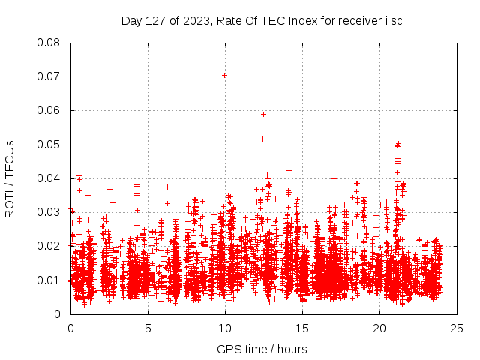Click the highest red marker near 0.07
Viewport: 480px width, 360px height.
[224, 75]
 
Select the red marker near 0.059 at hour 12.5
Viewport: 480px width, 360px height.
[263, 114]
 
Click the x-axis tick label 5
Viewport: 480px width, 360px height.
[148, 328]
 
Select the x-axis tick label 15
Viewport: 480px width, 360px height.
[302, 328]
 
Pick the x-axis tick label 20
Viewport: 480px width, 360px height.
[379, 328]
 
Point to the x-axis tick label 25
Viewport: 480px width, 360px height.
[457, 328]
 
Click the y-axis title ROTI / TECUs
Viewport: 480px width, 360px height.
[10, 178]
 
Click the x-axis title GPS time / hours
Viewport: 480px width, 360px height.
[262, 349]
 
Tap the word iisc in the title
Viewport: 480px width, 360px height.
[392, 20]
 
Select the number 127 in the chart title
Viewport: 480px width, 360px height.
[154, 20]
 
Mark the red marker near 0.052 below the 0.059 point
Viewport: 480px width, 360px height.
[262, 139]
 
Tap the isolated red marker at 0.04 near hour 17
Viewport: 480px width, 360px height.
[334, 178]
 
